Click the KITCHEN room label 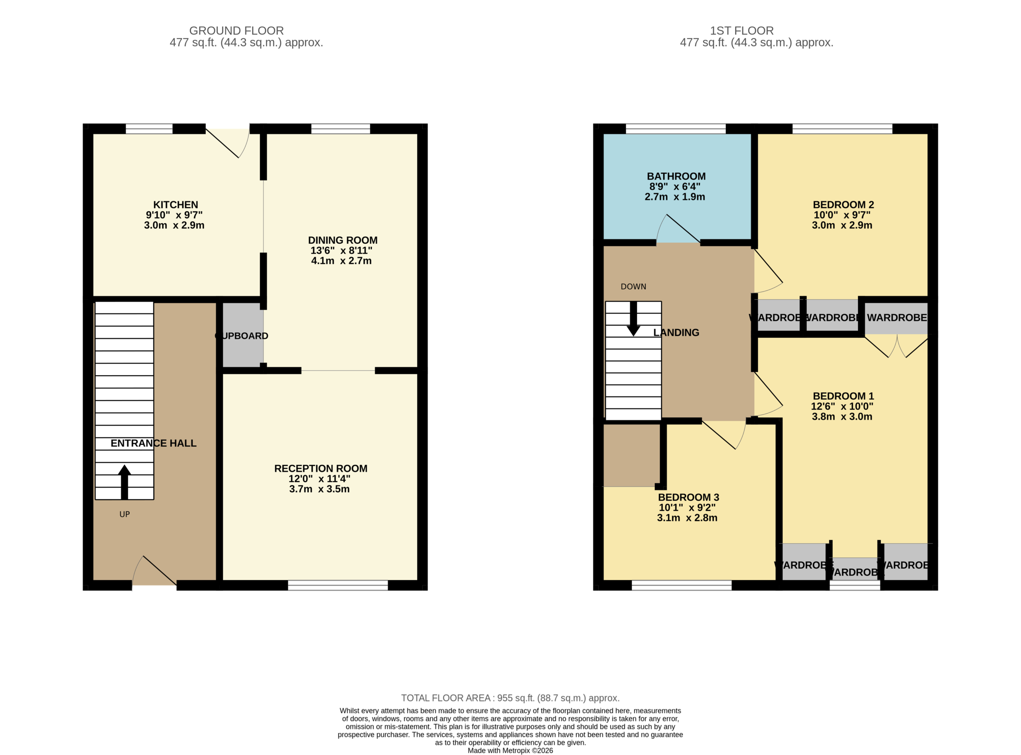(175, 205)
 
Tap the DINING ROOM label (342, 240)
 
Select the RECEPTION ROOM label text (320, 469)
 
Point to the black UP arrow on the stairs (124, 482)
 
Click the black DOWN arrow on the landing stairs (633, 319)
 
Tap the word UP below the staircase (124, 514)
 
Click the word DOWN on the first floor (633, 286)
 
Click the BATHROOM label (676, 176)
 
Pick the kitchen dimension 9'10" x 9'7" (174, 215)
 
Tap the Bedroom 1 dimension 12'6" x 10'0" (842, 406)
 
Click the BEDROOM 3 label (688, 497)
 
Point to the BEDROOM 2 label (843, 205)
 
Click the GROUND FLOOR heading (236, 31)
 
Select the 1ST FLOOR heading (742, 31)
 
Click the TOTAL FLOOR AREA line (510, 698)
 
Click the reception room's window (338, 585)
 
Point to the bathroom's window (676, 128)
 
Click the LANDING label (676, 333)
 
